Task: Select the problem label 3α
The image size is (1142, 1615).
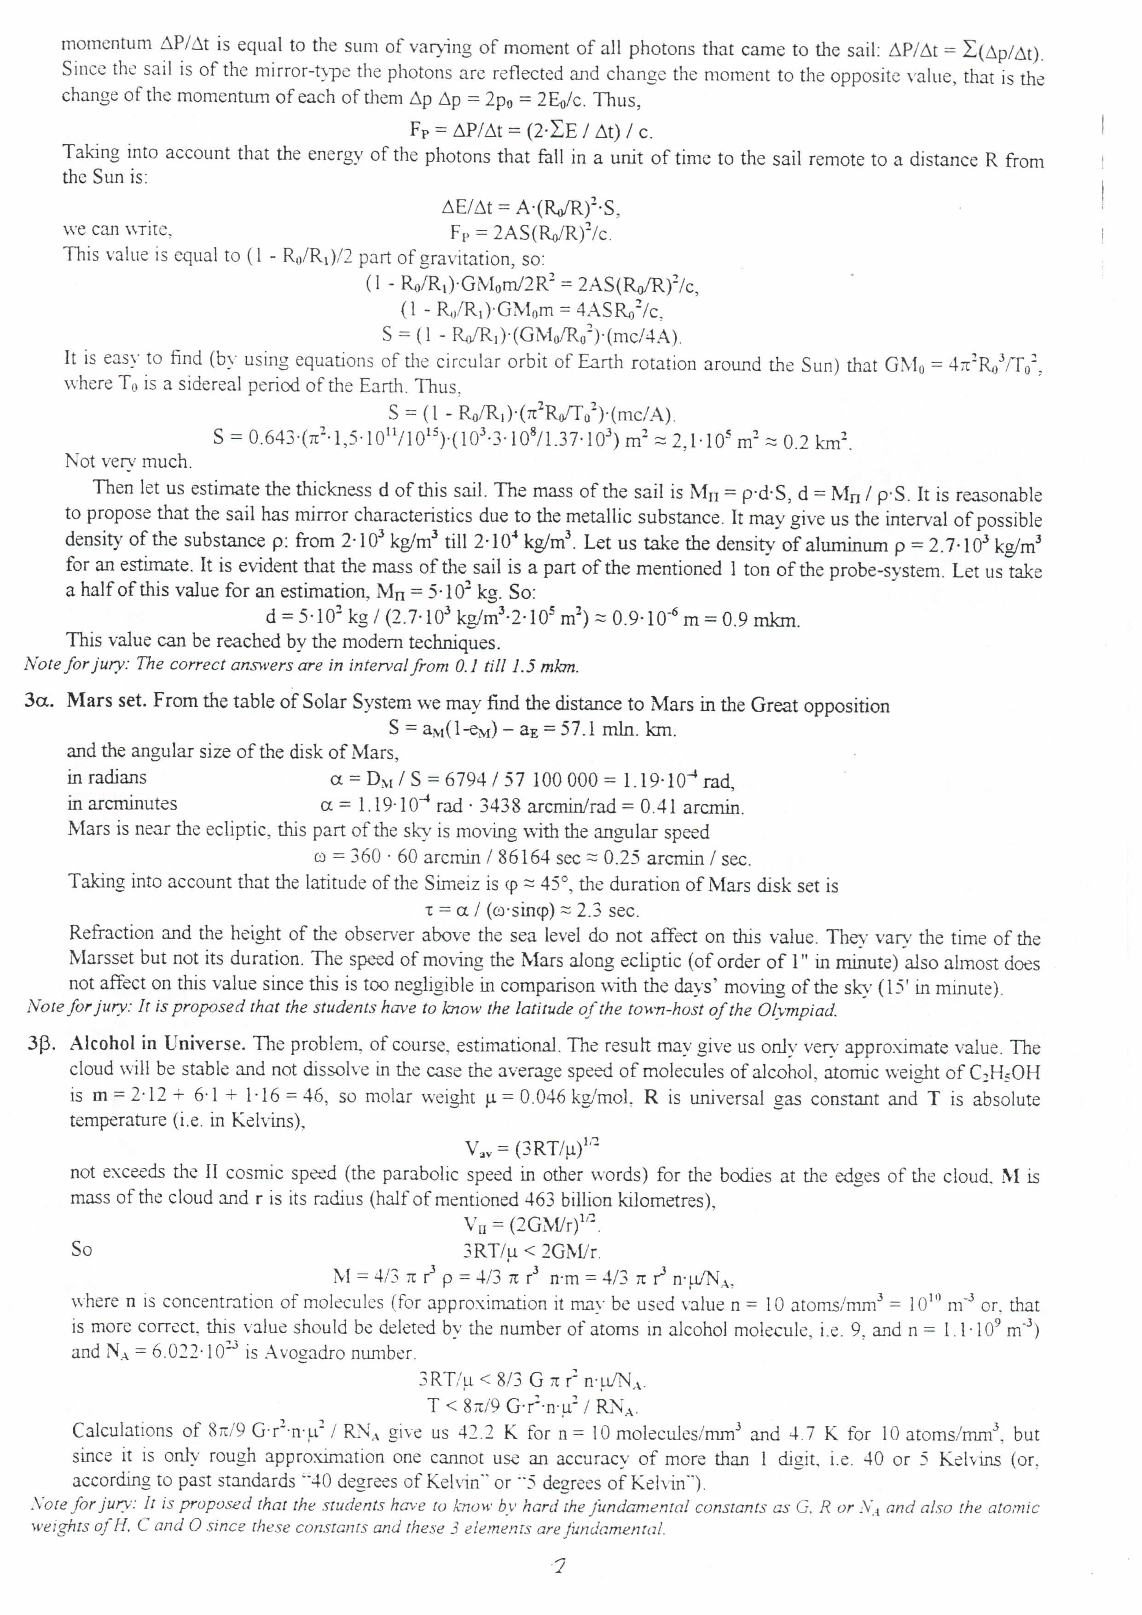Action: coord(40,701)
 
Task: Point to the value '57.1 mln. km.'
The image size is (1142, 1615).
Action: coord(617,729)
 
